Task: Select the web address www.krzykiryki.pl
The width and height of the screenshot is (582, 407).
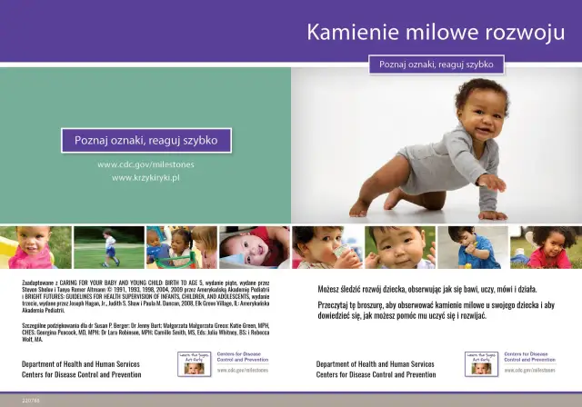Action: point(145,178)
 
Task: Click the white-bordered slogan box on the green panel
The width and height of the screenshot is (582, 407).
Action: point(145,141)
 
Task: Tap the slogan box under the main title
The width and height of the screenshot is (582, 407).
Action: point(436,65)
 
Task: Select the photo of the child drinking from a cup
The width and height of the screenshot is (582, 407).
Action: point(326,247)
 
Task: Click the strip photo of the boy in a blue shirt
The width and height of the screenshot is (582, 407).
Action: point(472,247)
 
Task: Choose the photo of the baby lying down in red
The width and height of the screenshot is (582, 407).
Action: point(254,247)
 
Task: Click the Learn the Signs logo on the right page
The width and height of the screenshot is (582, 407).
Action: point(480,363)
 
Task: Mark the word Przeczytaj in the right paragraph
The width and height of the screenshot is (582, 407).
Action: point(336,304)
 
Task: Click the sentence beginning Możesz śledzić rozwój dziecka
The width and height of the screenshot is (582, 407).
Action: point(426,288)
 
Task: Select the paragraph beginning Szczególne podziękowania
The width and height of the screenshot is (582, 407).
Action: point(145,328)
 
